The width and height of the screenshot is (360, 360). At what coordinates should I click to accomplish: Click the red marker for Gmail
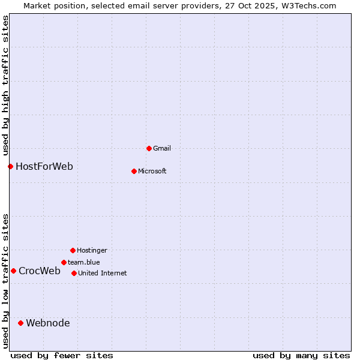(x=149, y=148)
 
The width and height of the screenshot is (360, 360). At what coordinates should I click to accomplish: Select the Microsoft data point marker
(x=134, y=171)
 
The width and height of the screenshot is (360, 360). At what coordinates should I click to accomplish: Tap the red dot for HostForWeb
(x=10, y=166)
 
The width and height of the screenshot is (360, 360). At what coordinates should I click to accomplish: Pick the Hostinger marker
(x=73, y=250)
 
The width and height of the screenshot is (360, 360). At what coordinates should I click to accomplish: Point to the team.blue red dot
(x=64, y=262)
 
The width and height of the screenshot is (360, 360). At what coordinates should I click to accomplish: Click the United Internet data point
(x=74, y=273)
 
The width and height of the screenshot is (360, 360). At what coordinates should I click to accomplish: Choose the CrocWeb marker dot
(x=13, y=271)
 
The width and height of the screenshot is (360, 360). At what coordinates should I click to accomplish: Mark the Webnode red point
(x=20, y=323)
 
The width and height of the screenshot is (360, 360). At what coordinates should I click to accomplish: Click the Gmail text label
(x=162, y=148)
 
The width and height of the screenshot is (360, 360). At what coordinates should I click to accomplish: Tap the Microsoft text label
(x=152, y=171)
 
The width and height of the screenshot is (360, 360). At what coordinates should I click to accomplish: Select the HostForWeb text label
(x=44, y=166)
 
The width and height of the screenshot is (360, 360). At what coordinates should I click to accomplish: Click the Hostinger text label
(x=92, y=250)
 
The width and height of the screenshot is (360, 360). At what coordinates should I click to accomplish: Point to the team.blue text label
(x=84, y=262)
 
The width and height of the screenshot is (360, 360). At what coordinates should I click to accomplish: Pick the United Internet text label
(x=103, y=273)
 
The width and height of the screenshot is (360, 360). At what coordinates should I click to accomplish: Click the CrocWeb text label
(x=40, y=271)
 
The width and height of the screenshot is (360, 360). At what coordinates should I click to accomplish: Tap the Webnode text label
(x=48, y=323)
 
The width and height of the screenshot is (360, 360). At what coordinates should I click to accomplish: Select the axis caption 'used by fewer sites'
(x=62, y=355)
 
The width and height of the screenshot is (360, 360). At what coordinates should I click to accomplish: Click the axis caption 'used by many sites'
(x=301, y=355)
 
